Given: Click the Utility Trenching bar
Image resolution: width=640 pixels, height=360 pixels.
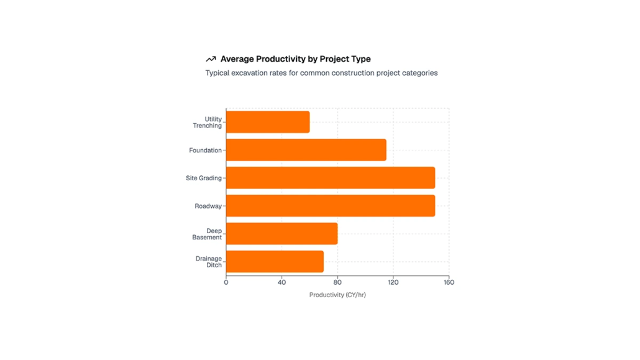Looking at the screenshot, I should (x=268, y=122).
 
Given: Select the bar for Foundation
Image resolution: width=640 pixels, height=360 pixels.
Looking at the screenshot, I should (x=306, y=150).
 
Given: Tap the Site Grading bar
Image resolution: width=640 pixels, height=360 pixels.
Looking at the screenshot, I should (x=330, y=178).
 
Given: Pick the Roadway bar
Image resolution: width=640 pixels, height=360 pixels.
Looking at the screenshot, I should (x=330, y=206).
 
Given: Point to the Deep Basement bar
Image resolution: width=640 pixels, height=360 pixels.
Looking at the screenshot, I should (x=281, y=234).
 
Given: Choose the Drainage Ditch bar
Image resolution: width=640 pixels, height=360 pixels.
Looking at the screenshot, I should (x=275, y=262).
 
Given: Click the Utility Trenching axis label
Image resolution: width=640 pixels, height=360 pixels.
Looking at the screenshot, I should (x=208, y=122).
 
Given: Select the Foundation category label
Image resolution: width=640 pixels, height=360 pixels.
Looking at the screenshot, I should (x=205, y=150).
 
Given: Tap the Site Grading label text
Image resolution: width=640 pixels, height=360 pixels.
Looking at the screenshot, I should (x=203, y=178).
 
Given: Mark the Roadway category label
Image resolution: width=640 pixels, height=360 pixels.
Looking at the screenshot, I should (x=208, y=206).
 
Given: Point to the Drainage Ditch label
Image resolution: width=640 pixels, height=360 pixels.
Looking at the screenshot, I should (x=209, y=262).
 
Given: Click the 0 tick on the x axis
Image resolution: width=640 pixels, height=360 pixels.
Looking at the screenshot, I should (x=226, y=282).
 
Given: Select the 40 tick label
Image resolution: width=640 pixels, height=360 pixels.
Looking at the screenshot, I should (x=282, y=282).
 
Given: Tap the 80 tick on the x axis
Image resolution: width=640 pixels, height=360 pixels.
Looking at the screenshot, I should (x=337, y=282).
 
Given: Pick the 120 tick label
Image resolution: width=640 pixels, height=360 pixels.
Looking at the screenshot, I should (x=393, y=282).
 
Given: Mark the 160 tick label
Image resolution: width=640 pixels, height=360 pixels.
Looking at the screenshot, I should (x=449, y=282).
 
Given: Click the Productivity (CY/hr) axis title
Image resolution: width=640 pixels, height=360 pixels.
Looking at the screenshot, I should (x=337, y=295).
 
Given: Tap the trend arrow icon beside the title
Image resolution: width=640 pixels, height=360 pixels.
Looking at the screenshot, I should (x=211, y=59).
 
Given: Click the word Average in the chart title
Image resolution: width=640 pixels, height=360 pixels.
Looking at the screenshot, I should (x=238, y=59).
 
